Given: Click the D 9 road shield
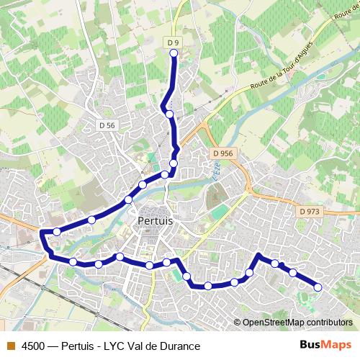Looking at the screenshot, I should tap(173, 43).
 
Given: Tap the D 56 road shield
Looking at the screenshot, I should tap(107, 125).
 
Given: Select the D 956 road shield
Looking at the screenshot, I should tap(223, 153).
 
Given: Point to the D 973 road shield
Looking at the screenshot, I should tap(309, 211).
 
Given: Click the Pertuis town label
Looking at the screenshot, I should tap(155, 221).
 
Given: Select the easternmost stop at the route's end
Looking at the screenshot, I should tap(318, 288).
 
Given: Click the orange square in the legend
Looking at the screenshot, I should tap(10, 346).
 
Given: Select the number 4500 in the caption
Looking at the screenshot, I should tap(35, 346).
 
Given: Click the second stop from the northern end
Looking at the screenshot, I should tap(169, 114).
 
